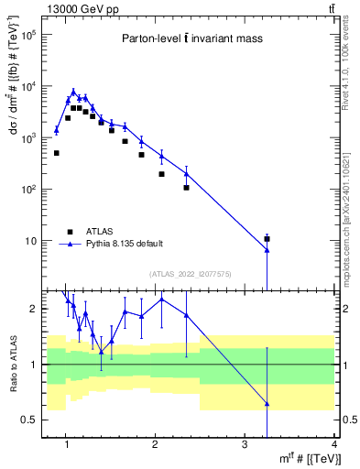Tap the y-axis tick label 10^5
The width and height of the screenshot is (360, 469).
[30, 35]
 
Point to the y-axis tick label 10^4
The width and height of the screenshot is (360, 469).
[30, 86]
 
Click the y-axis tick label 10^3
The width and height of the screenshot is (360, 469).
[30, 137]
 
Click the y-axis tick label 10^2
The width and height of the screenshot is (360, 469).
[30, 189]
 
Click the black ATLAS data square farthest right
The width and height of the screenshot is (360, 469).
[267, 239]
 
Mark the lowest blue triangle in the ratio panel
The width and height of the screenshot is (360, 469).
[267, 403]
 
